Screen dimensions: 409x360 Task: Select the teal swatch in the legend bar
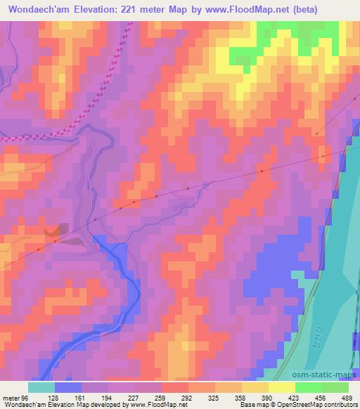pyautogui.click(x=41, y=387)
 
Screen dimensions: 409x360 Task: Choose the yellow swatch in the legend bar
pyautogui.click(x=282, y=387)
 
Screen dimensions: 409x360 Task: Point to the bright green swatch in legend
pyautogui.click(x=309, y=387)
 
